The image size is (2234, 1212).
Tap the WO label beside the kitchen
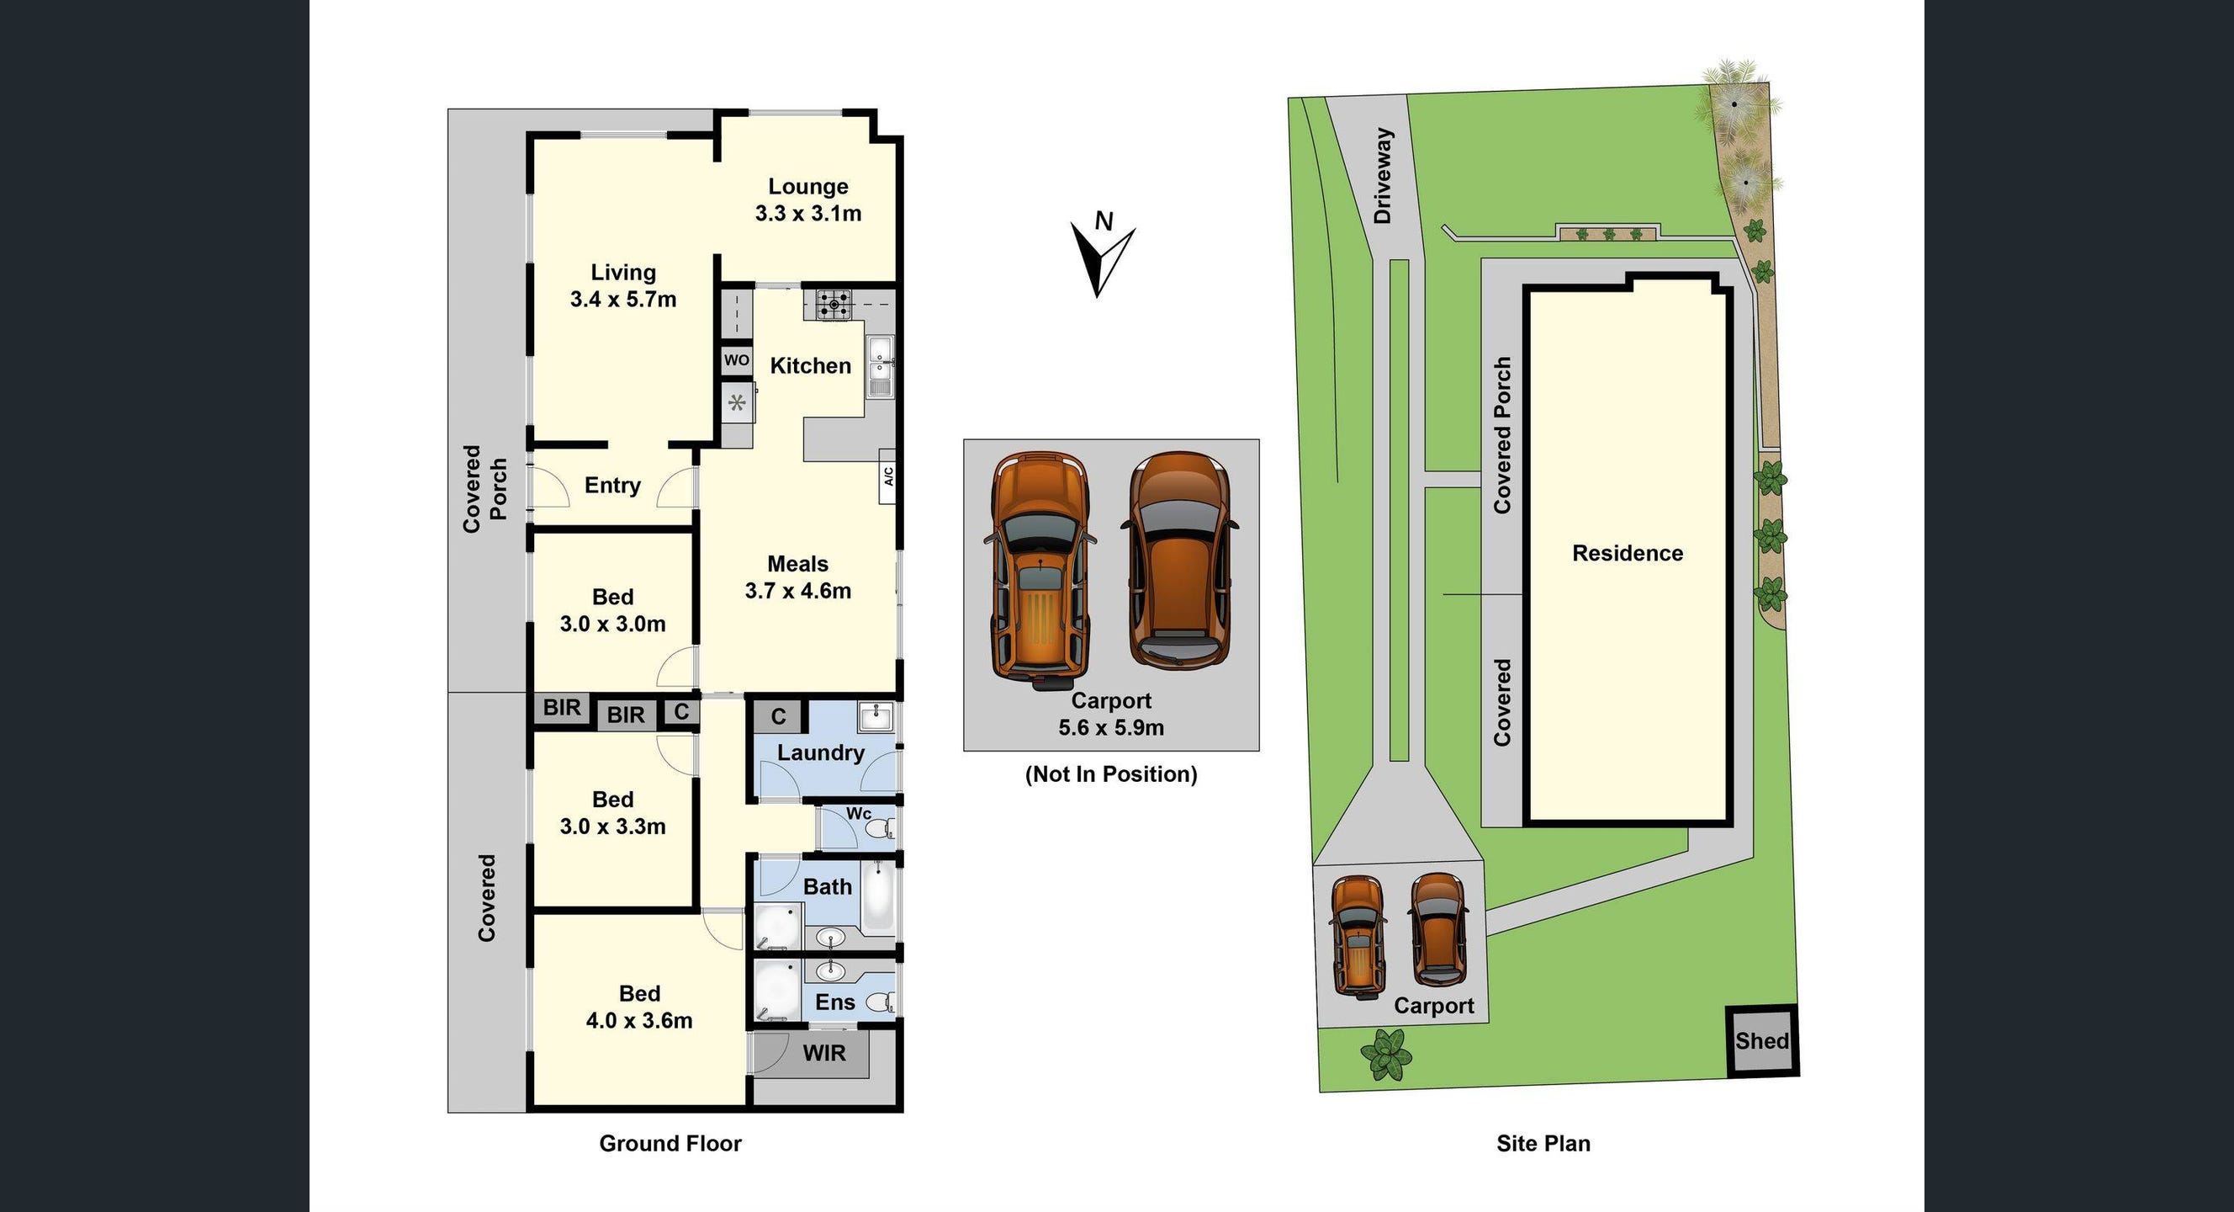click(x=736, y=360)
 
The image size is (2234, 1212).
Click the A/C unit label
click(x=888, y=476)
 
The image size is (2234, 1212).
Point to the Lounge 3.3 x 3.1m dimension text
click(x=808, y=214)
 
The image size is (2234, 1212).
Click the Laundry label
click(x=820, y=752)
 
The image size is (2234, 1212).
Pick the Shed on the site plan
click(x=1761, y=1041)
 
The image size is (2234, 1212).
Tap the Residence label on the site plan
click(x=1627, y=554)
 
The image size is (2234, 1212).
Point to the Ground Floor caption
click(x=670, y=1144)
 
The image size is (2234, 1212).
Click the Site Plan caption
click(x=1543, y=1144)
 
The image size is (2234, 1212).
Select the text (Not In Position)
click(x=1111, y=773)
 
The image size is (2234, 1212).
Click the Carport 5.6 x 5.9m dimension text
click(x=1111, y=727)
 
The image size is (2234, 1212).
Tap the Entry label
click(x=612, y=485)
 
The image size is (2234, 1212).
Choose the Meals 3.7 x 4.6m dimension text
click(x=798, y=591)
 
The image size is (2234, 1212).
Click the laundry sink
click(x=876, y=717)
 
